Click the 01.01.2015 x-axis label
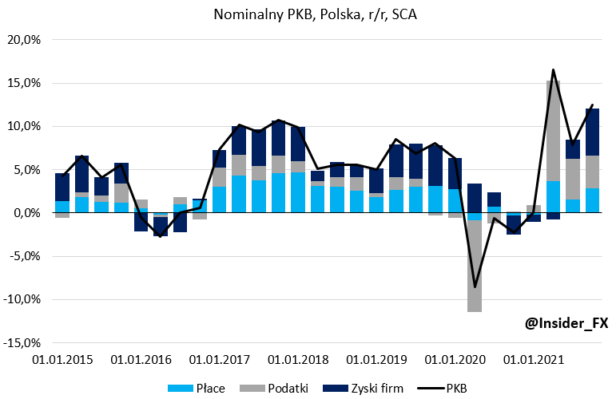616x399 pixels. pyautogui.click(x=62, y=360)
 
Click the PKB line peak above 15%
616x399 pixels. pyautogui.click(x=553, y=70)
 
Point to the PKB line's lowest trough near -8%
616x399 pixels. pyautogui.click(x=475, y=286)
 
